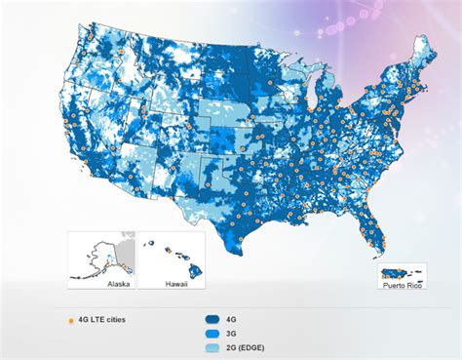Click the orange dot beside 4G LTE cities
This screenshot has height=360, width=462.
(x=69, y=319)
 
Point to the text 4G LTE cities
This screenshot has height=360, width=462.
(x=102, y=319)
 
